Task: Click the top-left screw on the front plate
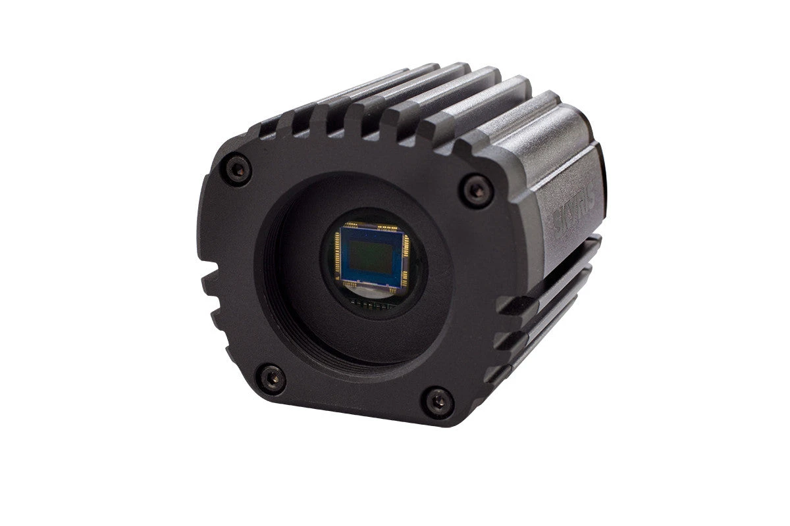[238, 170]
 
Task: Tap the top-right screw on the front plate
[477, 191]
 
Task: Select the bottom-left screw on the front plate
[271, 379]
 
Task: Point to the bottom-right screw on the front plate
[438, 401]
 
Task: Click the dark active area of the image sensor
[369, 256]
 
